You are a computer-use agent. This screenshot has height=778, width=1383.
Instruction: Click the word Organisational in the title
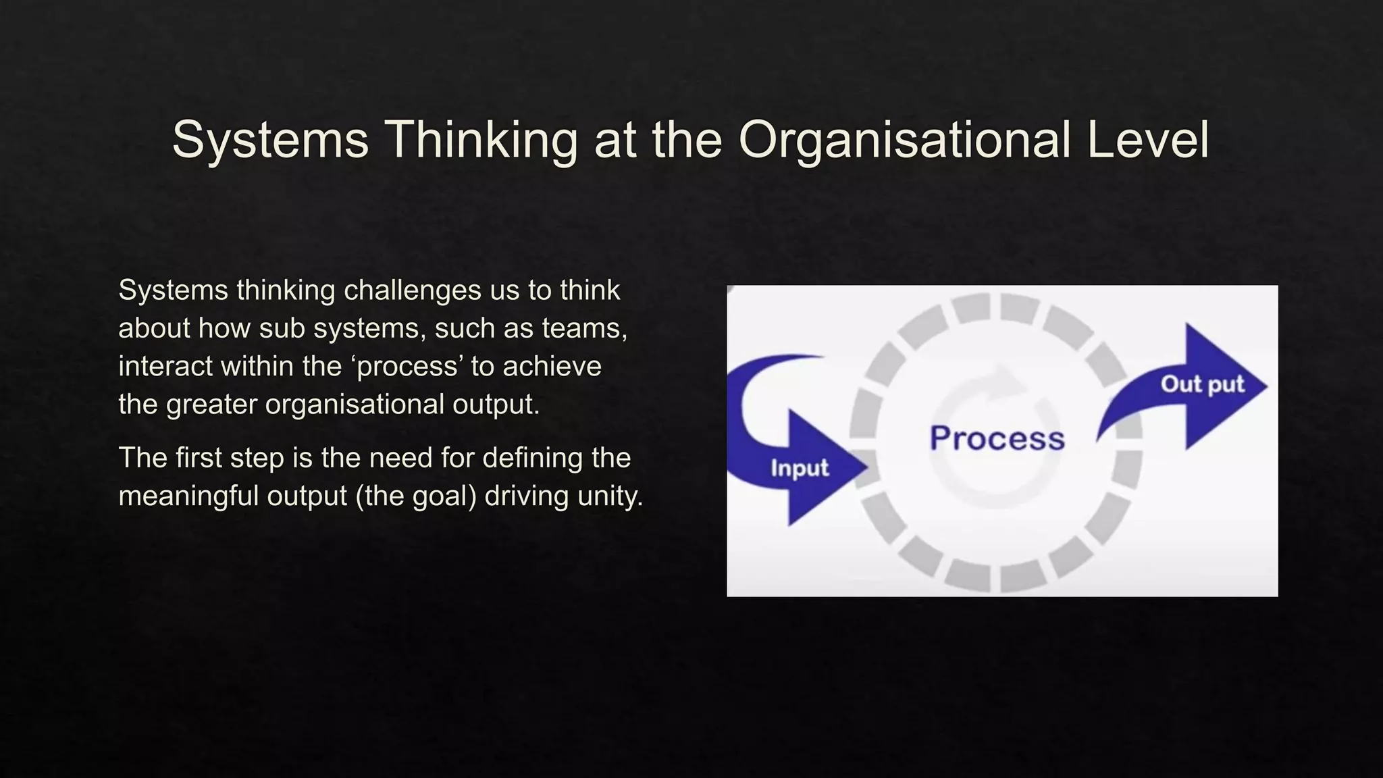(x=904, y=140)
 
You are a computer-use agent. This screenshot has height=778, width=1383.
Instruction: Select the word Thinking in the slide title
(x=481, y=140)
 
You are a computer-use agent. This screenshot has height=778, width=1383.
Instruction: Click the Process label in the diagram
(x=997, y=438)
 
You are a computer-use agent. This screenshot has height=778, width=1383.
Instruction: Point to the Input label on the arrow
(x=800, y=468)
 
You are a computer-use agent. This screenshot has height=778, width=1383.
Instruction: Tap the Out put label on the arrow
(x=1202, y=384)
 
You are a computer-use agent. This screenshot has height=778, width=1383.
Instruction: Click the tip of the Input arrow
(x=866, y=466)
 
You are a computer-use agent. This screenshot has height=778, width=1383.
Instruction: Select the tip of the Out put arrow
(x=1265, y=386)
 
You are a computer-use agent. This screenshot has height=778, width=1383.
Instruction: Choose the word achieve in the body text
(x=552, y=366)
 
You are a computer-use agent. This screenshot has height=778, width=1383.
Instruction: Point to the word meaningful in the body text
(x=188, y=496)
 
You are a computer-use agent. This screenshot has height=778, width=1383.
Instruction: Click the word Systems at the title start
(x=270, y=140)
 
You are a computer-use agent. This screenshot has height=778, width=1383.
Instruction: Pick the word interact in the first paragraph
(x=165, y=366)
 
